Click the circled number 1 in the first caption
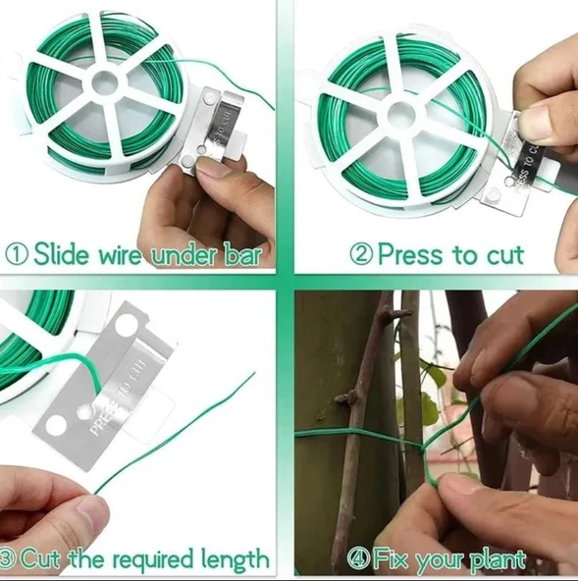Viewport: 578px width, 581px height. pyautogui.click(x=17, y=254)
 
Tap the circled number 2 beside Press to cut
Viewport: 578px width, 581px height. pyautogui.click(x=361, y=254)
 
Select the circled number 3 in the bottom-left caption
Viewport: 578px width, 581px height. pyautogui.click(x=6, y=559)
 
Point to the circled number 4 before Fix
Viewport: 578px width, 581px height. pyautogui.click(x=358, y=559)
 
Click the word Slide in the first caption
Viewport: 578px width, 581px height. pyautogui.click(x=62, y=254)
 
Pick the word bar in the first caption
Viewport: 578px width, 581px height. pyautogui.click(x=242, y=254)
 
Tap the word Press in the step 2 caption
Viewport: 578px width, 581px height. pyautogui.click(x=410, y=254)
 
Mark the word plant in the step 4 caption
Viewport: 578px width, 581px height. pyautogui.click(x=498, y=560)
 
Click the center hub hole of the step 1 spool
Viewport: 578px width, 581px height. pyautogui.click(x=105, y=81)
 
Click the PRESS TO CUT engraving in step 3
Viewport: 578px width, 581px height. pyautogui.click(x=119, y=396)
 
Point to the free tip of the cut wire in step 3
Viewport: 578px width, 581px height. pyautogui.click(x=254, y=373)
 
